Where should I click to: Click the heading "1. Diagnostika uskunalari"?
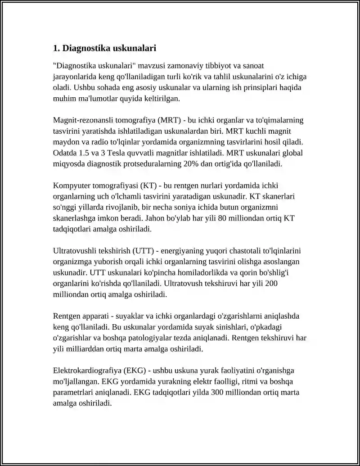(x=104, y=48)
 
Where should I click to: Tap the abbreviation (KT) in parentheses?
(x=148, y=185)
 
